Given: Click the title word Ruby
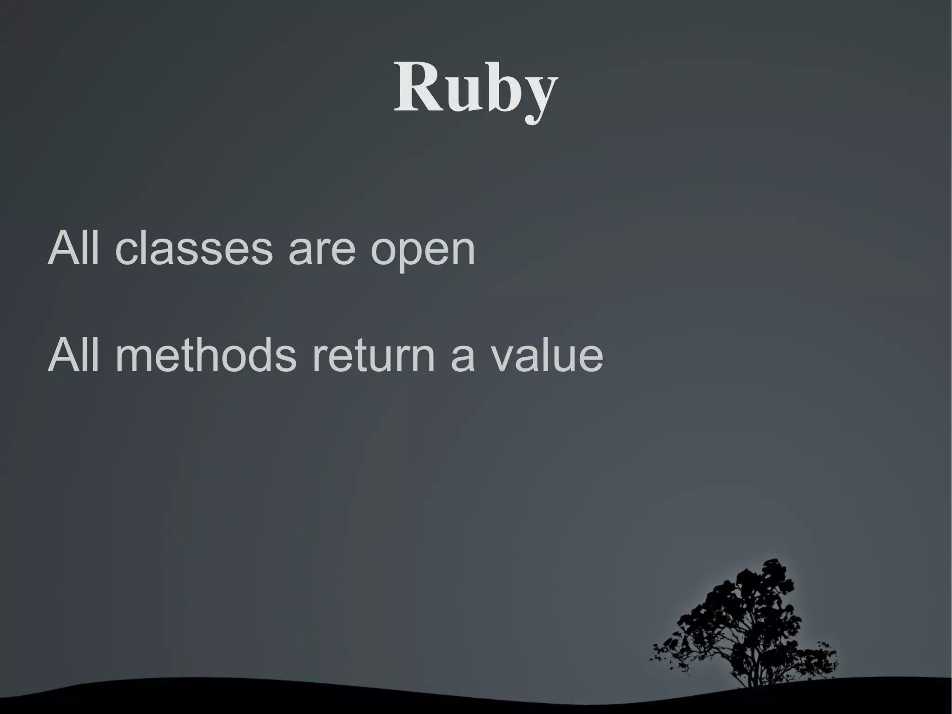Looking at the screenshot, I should [476, 88].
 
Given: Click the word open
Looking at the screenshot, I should [423, 254].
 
